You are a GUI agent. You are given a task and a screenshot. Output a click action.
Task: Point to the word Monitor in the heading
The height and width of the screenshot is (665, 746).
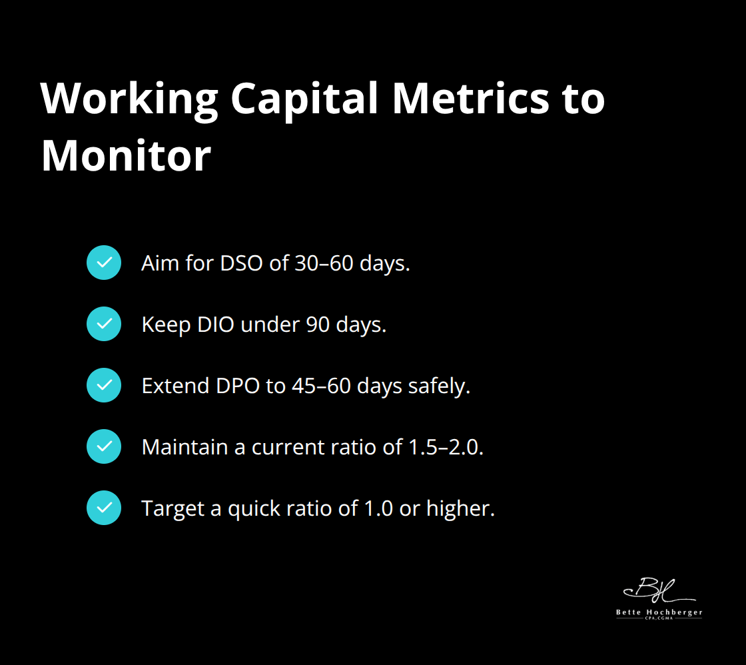(x=126, y=157)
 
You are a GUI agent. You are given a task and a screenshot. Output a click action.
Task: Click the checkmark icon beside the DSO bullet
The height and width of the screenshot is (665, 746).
(x=104, y=263)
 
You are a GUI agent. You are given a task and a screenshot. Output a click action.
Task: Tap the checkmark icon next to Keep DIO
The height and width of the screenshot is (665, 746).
(x=104, y=324)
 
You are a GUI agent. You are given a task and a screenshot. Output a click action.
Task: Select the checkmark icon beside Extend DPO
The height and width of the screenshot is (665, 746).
(x=104, y=385)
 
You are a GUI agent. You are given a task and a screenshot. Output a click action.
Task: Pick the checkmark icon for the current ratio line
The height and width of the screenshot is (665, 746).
(x=104, y=446)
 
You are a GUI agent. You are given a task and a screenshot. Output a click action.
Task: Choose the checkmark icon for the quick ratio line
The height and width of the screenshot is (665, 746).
(x=104, y=508)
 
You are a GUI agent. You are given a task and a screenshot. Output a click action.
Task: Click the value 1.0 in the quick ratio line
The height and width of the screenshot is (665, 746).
(x=379, y=508)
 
